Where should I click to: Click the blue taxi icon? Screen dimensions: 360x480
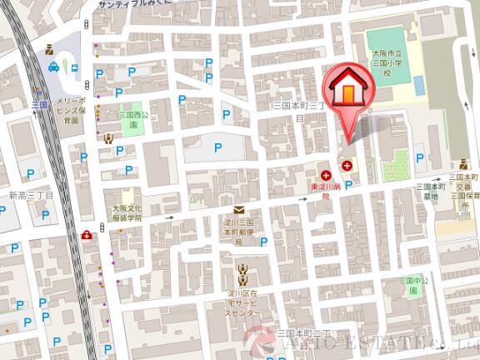(53, 67)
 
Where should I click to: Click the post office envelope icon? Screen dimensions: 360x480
(239, 210)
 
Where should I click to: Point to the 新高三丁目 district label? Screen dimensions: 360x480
(31, 195)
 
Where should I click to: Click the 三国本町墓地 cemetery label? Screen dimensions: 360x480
(431, 191)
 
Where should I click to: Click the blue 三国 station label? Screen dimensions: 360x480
(39, 105)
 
